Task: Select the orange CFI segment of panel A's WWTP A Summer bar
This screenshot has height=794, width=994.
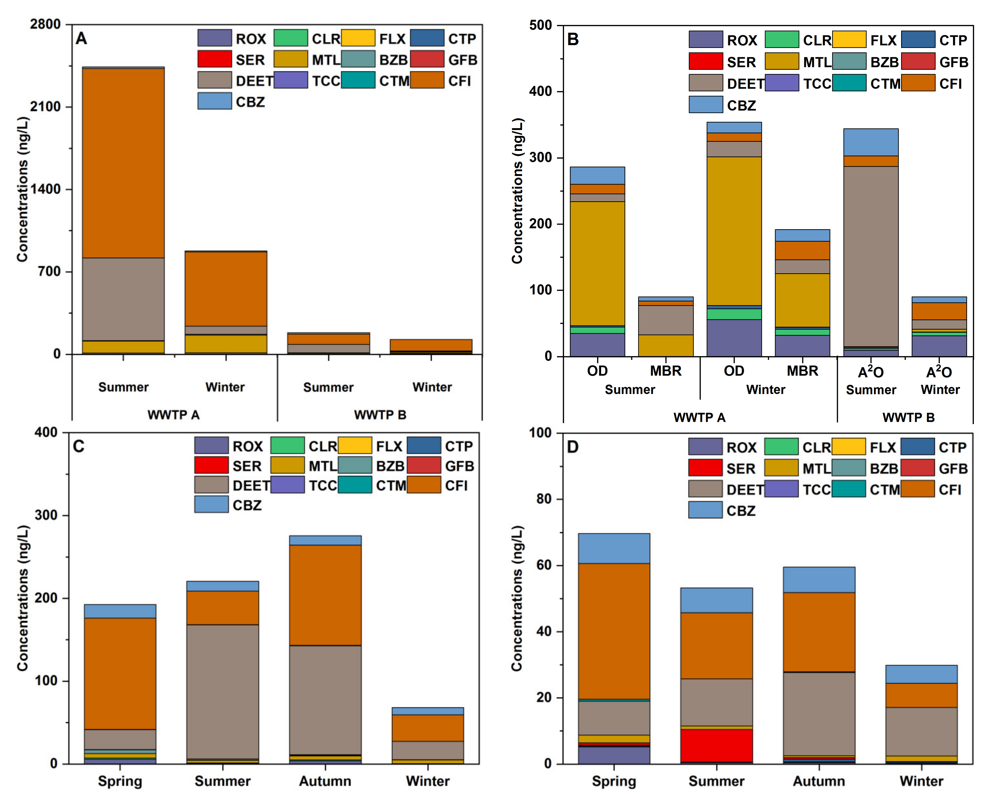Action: (123, 163)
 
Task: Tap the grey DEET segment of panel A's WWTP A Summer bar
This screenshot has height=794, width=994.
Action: (123, 299)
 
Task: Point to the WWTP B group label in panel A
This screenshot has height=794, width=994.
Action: (380, 415)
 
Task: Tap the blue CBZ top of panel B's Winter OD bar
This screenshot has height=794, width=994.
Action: (734, 127)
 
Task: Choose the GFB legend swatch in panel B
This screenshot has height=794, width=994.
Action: (918, 61)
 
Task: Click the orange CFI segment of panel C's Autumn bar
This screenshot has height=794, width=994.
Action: (325, 595)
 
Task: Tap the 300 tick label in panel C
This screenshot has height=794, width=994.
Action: (46, 515)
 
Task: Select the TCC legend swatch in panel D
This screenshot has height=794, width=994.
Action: (781, 489)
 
